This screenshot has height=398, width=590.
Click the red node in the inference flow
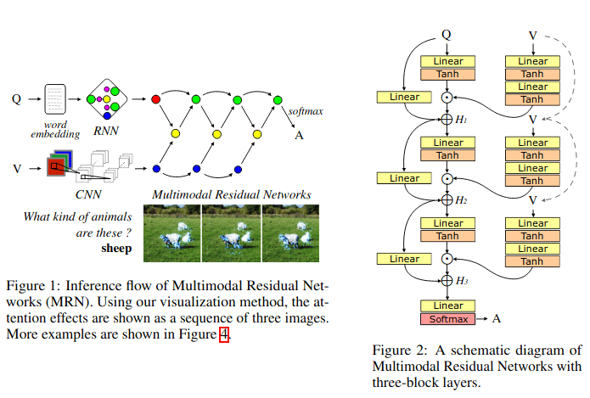click(156, 99)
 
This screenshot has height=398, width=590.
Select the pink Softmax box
click(447, 319)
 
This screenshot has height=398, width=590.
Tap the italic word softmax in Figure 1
click(306, 111)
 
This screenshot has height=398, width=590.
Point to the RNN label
click(106, 131)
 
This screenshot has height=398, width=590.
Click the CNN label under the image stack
click(88, 194)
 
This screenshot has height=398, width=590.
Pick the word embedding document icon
click(55, 99)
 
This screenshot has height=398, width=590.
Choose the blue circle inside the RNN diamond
click(107, 115)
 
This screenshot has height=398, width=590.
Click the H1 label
click(461, 120)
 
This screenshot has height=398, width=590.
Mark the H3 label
click(462, 281)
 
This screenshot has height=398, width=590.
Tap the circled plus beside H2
click(447, 199)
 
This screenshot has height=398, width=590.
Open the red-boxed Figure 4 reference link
click(224, 334)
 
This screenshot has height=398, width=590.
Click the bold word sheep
click(116, 249)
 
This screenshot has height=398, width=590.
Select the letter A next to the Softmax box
click(497, 318)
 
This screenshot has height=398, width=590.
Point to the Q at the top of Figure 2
click(447, 35)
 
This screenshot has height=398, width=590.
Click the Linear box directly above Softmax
click(447, 306)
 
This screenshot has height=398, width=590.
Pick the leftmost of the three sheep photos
click(172, 233)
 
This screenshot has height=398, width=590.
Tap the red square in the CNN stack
click(55, 167)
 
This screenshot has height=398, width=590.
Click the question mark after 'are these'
click(128, 233)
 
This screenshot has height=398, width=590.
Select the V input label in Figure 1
click(17, 169)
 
